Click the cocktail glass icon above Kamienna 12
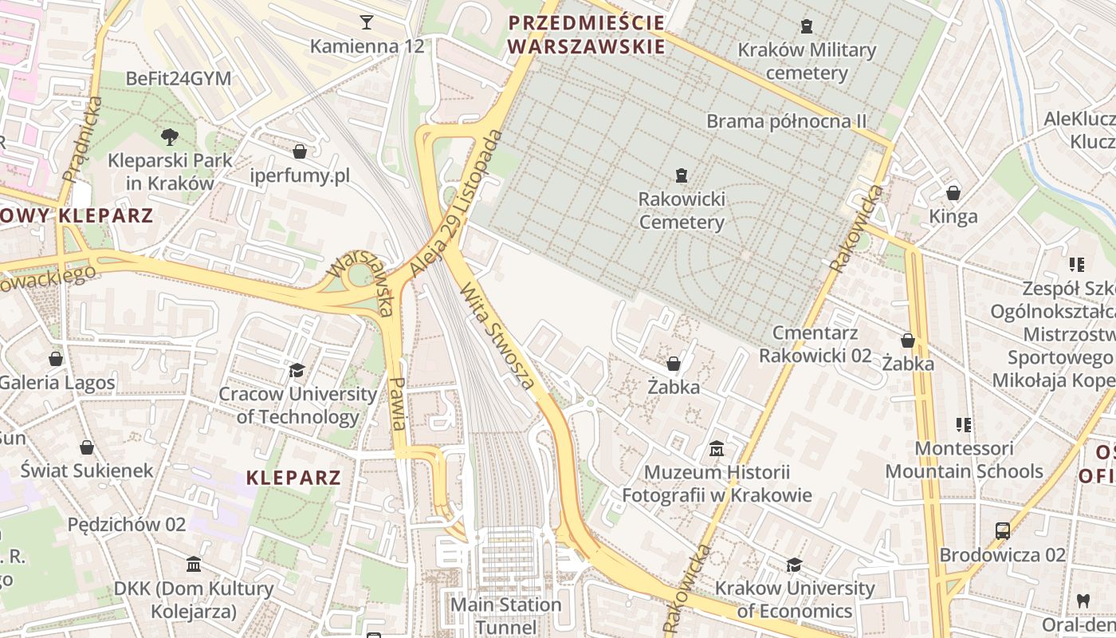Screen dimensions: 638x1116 point(367,22)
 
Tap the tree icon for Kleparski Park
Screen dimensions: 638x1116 point(169,136)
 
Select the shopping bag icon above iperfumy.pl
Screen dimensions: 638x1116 point(300,151)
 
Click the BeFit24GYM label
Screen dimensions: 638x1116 point(179,78)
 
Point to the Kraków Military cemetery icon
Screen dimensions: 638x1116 point(807,26)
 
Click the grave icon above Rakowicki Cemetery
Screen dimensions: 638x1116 point(682,175)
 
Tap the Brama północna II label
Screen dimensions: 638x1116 point(786,121)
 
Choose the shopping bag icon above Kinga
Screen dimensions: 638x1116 point(953,192)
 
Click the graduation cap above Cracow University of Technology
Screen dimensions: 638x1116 point(297,370)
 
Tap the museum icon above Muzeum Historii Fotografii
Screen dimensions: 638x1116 point(717,449)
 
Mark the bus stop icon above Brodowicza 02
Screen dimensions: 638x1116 point(1002,530)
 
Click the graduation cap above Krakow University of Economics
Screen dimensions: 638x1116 point(794,565)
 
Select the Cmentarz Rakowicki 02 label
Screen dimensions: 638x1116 point(815,344)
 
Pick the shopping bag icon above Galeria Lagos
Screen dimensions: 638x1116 point(56,359)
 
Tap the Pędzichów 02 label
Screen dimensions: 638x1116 point(127,524)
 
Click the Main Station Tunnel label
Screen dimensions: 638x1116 point(506,616)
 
